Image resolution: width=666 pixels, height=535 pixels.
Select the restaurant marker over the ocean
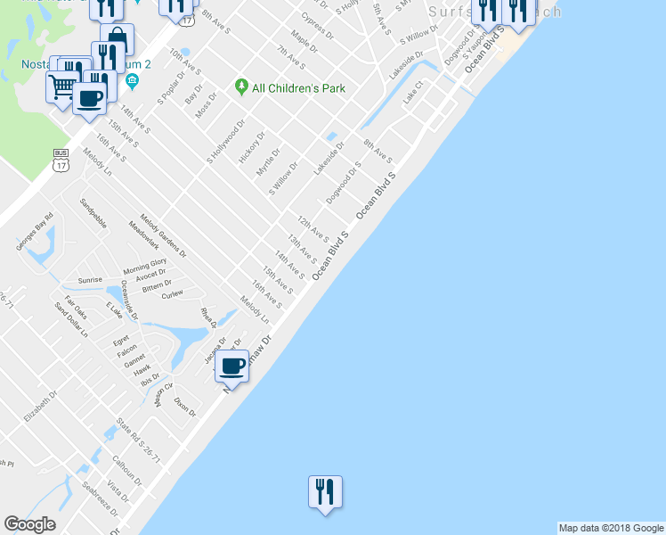pos(325,491)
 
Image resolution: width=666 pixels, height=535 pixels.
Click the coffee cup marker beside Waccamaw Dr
pos(233,365)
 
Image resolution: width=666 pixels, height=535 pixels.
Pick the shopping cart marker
pos(63,86)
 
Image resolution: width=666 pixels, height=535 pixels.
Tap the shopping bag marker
pos(117,38)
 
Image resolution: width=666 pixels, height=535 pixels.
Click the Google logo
pos(29,524)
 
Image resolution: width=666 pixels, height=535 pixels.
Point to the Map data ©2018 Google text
pos(611,528)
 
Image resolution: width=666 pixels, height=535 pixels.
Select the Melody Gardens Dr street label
pos(163,235)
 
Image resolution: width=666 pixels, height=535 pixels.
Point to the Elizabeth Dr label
pos(40,406)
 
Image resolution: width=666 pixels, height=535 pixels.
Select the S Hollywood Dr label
pos(225,141)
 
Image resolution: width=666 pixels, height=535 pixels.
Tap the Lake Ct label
pos(411,94)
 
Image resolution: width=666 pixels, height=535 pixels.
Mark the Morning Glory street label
pos(145,266)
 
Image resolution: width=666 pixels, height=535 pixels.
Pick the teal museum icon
pos(132,82)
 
